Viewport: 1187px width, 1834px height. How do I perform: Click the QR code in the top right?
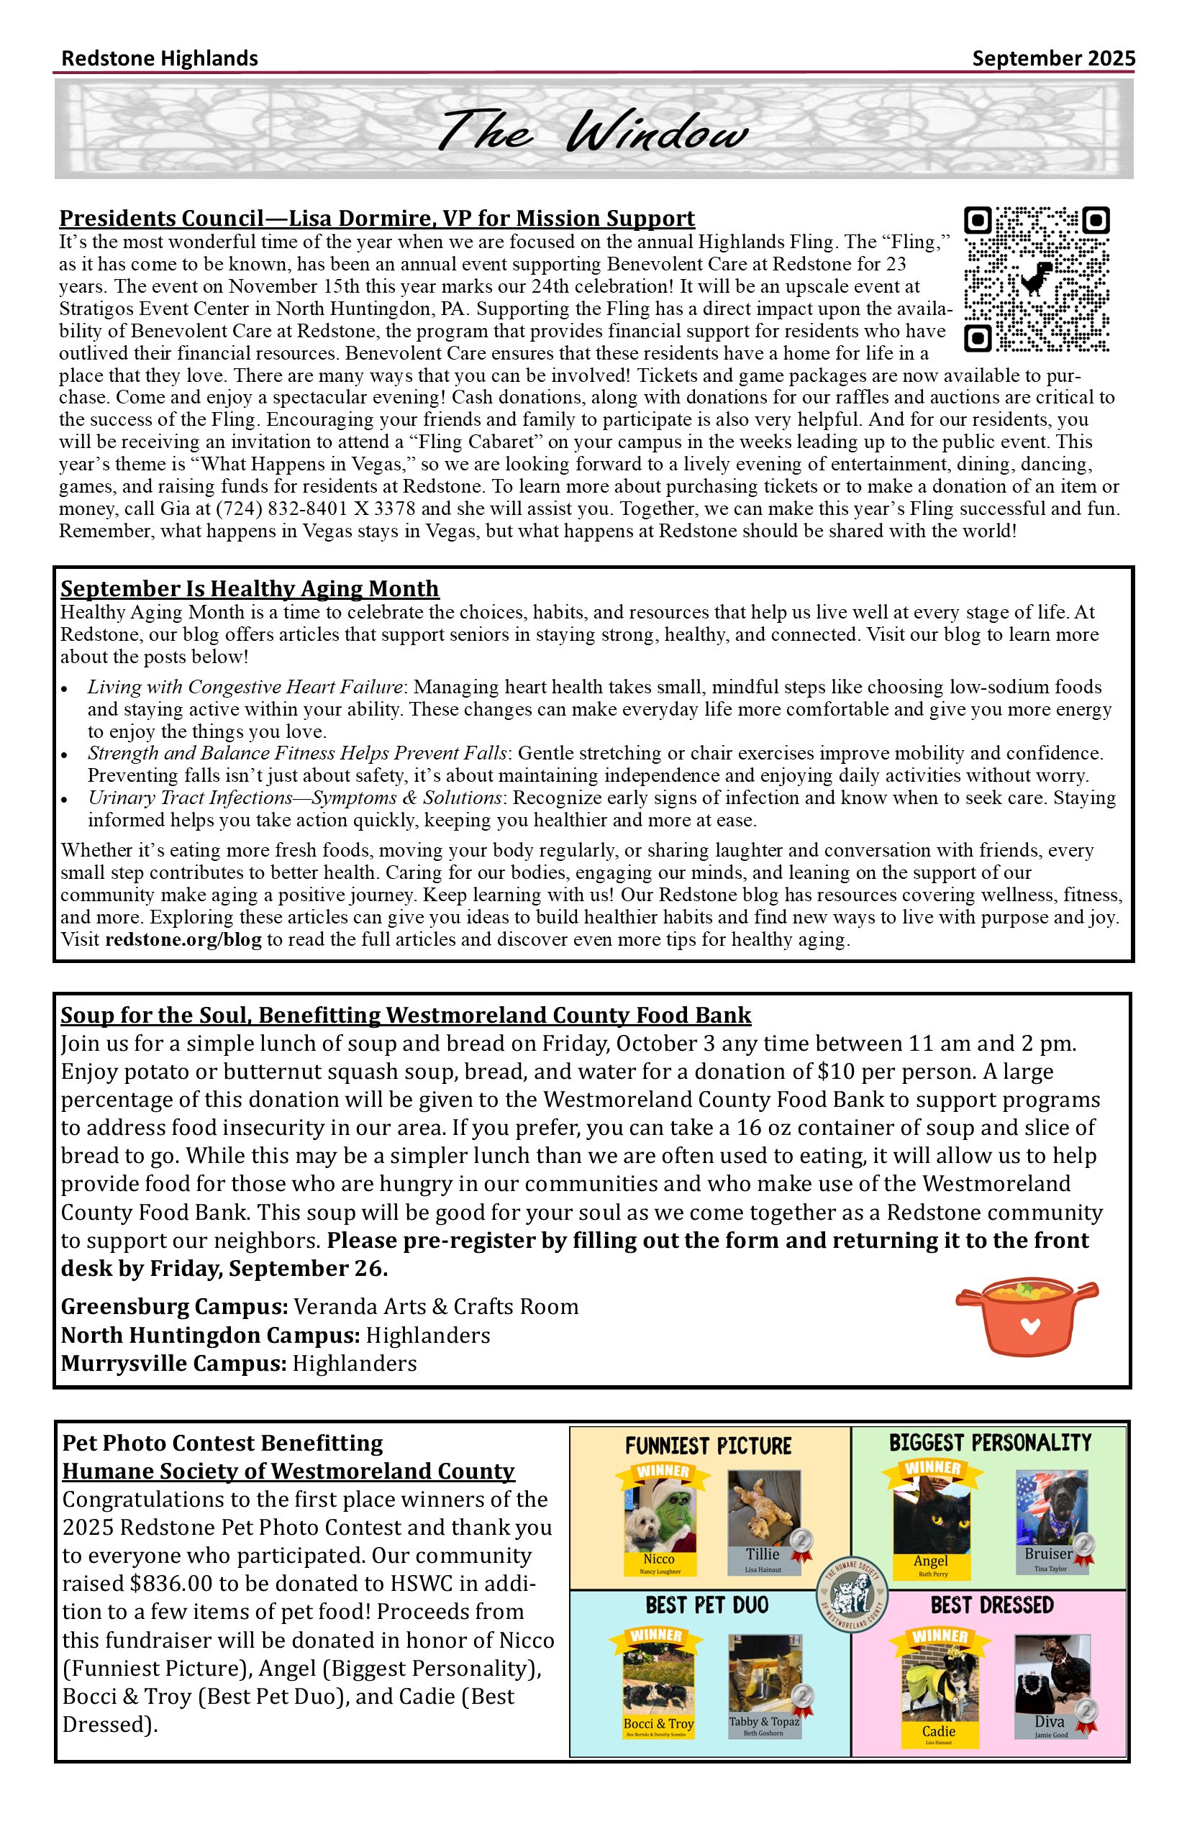[x=1037, y=279]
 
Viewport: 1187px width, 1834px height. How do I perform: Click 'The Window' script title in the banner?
[x=593, y=131]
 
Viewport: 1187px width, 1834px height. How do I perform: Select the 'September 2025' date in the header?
[x=1053, y=58]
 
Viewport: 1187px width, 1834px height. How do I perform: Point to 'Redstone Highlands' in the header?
[x=160, y=58]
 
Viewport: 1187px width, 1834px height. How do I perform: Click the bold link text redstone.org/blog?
[x=183, y=940]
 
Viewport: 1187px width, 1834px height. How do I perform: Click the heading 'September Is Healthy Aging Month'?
[x=250, y=589]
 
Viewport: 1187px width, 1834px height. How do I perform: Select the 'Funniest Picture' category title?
[x=708, y=1446]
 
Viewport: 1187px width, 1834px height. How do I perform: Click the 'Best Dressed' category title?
[x=991, y=1605]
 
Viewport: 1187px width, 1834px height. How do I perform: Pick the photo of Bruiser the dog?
[x=1051, y=1507]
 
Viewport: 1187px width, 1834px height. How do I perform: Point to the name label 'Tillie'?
[x=763, y=1554]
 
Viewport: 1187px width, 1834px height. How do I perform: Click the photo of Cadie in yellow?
[x=939, y=1685]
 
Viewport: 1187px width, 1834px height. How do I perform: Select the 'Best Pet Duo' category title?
[x=706, y=1605]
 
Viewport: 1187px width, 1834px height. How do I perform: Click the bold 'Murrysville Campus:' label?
[x=173, y=1363]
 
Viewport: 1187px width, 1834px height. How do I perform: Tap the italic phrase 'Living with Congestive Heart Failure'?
[x=245, y=687]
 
